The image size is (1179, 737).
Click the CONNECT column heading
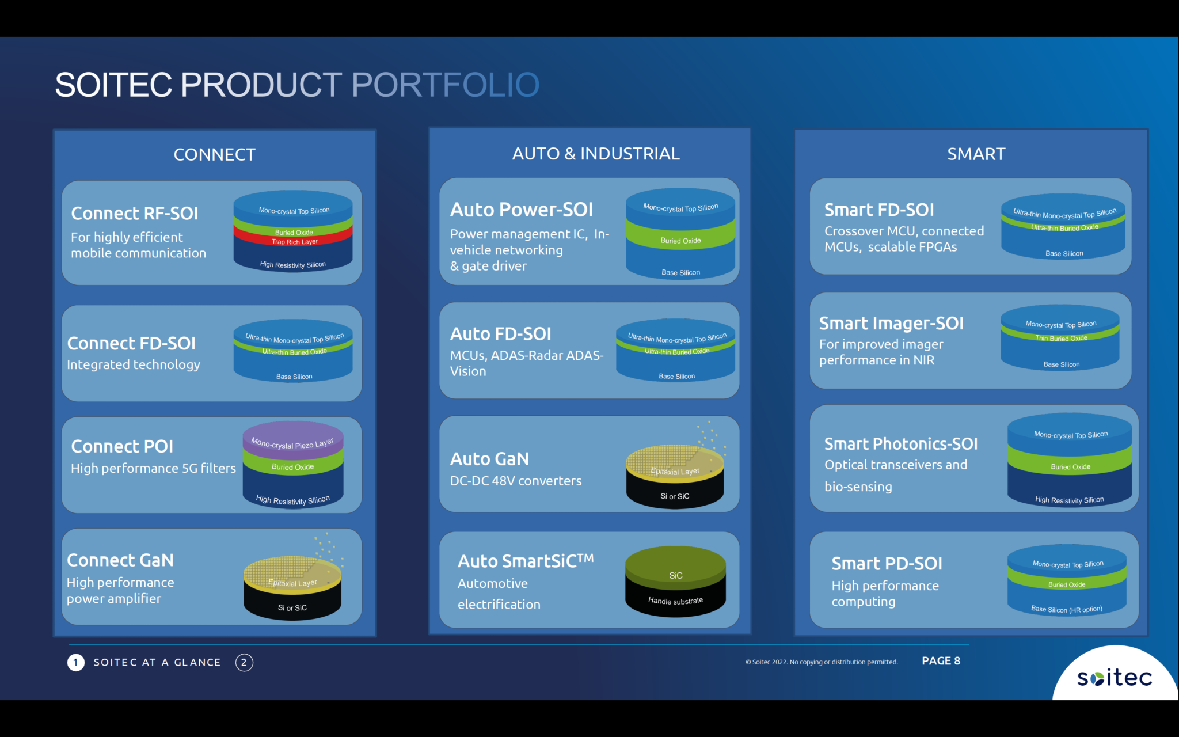pyautogui.click(x=214, y=154)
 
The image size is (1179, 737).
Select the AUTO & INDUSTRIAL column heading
pyautogui.click(x=596, y=154)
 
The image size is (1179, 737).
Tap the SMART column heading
pyautogui.click(x=976, y=154)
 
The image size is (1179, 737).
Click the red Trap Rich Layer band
pyautogui.click(x=294, y=242)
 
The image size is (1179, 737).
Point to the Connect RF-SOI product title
pyautogui.click(x=135, y=214)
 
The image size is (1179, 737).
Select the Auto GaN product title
pyautogui.click(x=489, y=459)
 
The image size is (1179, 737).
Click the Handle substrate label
pyautogui.click(x=675, y=601)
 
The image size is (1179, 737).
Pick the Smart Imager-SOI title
pyautogui.click(x=891, y=324)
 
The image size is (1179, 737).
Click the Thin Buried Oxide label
pyautogui.click(x=1061, y=338)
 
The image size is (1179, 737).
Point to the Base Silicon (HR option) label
pyautogui.click(x=1066, y=609)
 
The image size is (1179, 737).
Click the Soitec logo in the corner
pyautogui.click(x=1115, y=677)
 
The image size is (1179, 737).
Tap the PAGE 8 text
pyautogui.click(x=941, y=661)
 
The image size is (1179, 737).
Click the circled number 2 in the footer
pyautogui.click(x=244, y=663)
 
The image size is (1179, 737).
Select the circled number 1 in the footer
pyautogui.click(x=76, y=663)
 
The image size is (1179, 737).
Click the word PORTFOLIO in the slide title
pyautogui.click(x=445, y=85)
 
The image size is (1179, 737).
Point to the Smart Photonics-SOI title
pyautogui.click(x=901, y=444)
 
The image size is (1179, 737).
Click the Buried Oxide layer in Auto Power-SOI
pyautogui.click(x=680, y=241)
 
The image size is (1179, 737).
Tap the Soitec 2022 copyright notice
pyautogui.click(x=822, y=662)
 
